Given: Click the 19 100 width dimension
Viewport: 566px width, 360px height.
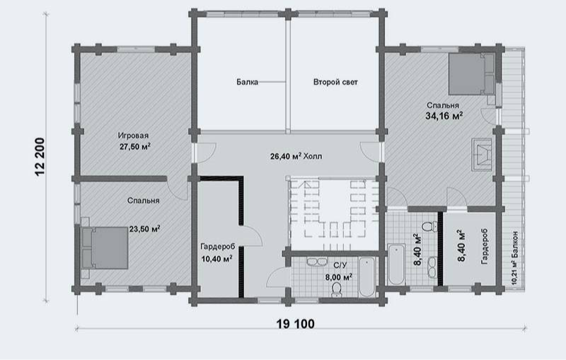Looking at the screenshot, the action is coord(295,324).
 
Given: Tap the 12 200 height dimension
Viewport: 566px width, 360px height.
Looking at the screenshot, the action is coord(40,157).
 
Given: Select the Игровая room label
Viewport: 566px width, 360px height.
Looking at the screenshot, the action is coord(133,136).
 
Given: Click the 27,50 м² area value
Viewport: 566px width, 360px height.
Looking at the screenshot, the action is coord(135,147).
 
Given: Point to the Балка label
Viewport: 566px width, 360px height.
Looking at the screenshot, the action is coord(247,82).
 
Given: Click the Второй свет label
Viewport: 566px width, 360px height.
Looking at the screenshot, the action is coord(335,82).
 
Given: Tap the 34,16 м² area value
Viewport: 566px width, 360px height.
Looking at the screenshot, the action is coord(444,116).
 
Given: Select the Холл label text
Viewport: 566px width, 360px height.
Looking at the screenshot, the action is coord(313,156).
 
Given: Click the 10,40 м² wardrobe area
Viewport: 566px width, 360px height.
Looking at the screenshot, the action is coord(216,259).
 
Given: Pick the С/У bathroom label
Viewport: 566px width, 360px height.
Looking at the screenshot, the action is coord(340,266).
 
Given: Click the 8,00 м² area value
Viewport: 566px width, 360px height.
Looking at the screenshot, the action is coord(339,277).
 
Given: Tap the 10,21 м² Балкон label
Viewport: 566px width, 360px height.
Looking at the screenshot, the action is coord(514,258).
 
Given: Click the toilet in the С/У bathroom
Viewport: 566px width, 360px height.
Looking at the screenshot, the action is coord(337,290).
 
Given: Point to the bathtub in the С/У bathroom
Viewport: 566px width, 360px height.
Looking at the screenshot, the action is coord(367,277).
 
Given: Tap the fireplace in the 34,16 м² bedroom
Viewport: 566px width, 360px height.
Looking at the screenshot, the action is coord(481,154).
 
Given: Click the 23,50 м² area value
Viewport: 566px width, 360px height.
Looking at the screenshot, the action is coord(144,229).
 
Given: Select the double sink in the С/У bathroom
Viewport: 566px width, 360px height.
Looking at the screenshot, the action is coord(317,262).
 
